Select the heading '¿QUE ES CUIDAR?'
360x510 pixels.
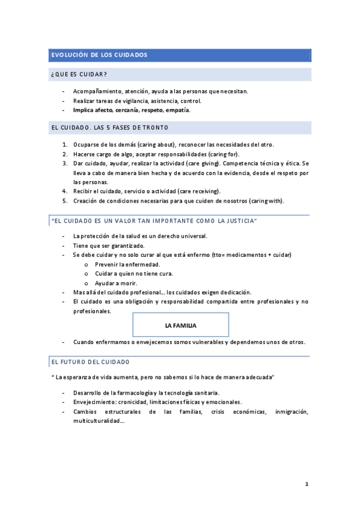(79, 75)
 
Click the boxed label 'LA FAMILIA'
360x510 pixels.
(180, 325)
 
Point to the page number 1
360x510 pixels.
(307, 484)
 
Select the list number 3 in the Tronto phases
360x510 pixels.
(64, 163)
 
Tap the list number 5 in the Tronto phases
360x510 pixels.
(64, 200)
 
